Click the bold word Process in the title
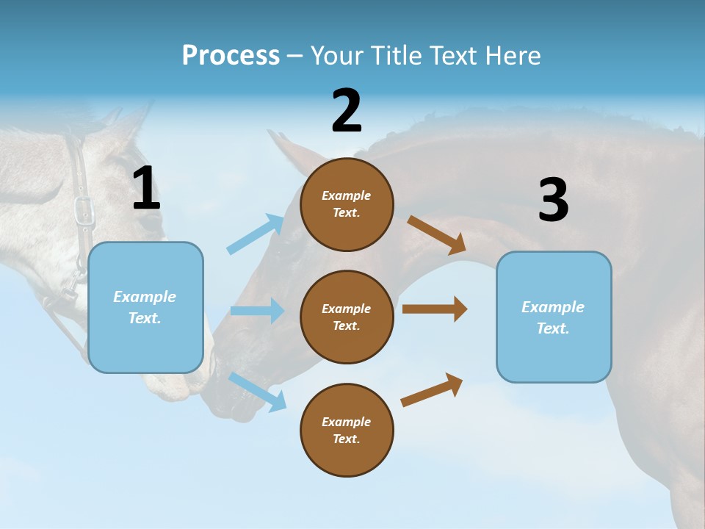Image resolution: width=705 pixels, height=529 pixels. point(231,55)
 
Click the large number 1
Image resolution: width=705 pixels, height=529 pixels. point(146,188)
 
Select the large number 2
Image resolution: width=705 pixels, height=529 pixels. point(347,111)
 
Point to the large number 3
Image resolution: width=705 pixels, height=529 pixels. point(553,201)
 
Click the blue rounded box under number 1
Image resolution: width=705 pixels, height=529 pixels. point(145,307)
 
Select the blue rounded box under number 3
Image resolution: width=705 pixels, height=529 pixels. point(554,317)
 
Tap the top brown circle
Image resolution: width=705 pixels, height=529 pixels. point(347,204)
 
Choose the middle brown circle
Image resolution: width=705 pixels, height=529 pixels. point(347,317)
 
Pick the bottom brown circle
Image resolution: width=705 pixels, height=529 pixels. point(347,430)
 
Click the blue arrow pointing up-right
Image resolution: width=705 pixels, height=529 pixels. point(256,234)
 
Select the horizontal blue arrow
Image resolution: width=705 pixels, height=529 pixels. point(257,311)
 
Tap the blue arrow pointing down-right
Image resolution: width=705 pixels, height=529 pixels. point(258,391)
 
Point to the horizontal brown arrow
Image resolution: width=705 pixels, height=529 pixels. point(435,309)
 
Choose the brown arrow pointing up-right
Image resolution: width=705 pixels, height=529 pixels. point(432,390)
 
